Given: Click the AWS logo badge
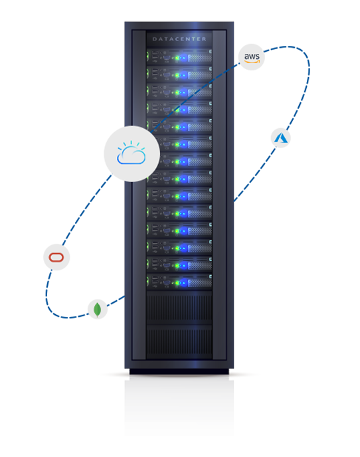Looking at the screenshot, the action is point(251,57).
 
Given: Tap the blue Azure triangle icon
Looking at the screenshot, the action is point(280,138).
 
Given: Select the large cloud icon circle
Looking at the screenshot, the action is point(132,153).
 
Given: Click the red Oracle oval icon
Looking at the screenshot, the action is point(56,257).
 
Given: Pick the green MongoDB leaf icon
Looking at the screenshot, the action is point(98,310).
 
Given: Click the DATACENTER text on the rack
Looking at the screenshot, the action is point(179,39).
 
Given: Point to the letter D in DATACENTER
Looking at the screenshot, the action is point(155,39).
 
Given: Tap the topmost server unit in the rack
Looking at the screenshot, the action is point(179,56).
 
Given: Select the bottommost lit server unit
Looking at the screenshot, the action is point(179,281).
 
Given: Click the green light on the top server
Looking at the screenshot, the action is point(177,58).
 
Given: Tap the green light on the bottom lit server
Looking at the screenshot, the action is point(177,283).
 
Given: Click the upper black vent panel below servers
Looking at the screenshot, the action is point(179,308).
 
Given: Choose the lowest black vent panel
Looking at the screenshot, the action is point(179,343).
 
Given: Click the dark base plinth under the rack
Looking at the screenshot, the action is point(179,371).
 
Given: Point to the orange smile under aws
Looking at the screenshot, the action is point(252,62).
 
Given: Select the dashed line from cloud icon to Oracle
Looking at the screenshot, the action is point(86,209).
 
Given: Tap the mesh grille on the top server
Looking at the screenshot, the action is point(200,58).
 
